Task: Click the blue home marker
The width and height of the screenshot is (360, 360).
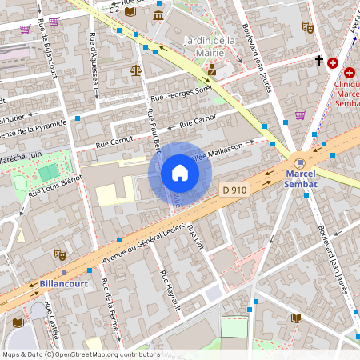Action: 180,173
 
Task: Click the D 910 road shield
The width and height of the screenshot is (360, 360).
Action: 233,189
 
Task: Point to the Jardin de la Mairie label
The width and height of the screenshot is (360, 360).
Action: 209,46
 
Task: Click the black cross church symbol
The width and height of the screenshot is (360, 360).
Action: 318,60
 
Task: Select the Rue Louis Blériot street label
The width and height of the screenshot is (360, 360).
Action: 56,185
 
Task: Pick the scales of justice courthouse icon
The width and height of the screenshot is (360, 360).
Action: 135,70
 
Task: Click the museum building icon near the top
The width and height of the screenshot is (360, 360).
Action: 158,15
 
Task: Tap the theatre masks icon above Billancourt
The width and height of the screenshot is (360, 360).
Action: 59,255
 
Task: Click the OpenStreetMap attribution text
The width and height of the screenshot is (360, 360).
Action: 81,354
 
